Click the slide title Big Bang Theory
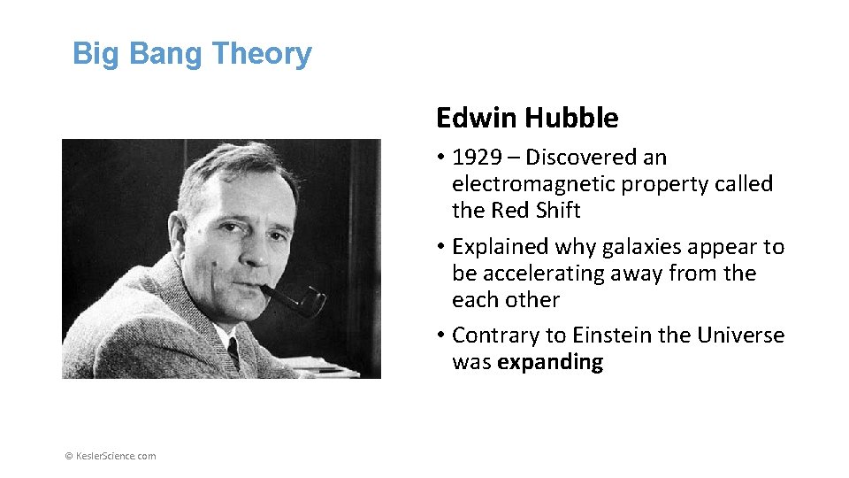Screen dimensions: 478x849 192,53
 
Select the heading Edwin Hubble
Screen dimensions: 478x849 527,118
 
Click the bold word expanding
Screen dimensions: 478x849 550,362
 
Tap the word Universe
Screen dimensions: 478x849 741,335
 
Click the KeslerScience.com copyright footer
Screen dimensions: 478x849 111,456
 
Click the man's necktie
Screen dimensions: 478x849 233,351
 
